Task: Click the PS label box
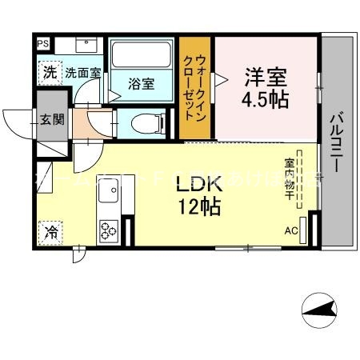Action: click(42, 43)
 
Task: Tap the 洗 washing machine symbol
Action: click(50, 71)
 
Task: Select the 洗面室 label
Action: click(82, 72)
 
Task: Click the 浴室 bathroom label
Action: click(142, 83)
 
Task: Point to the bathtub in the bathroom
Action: click(142, 55)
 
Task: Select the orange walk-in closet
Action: click(195, 90)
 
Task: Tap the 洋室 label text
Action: click(266, 79)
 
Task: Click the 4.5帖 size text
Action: click(266, 102)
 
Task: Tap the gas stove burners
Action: click(108, 230)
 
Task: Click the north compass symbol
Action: click(320, 310)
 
